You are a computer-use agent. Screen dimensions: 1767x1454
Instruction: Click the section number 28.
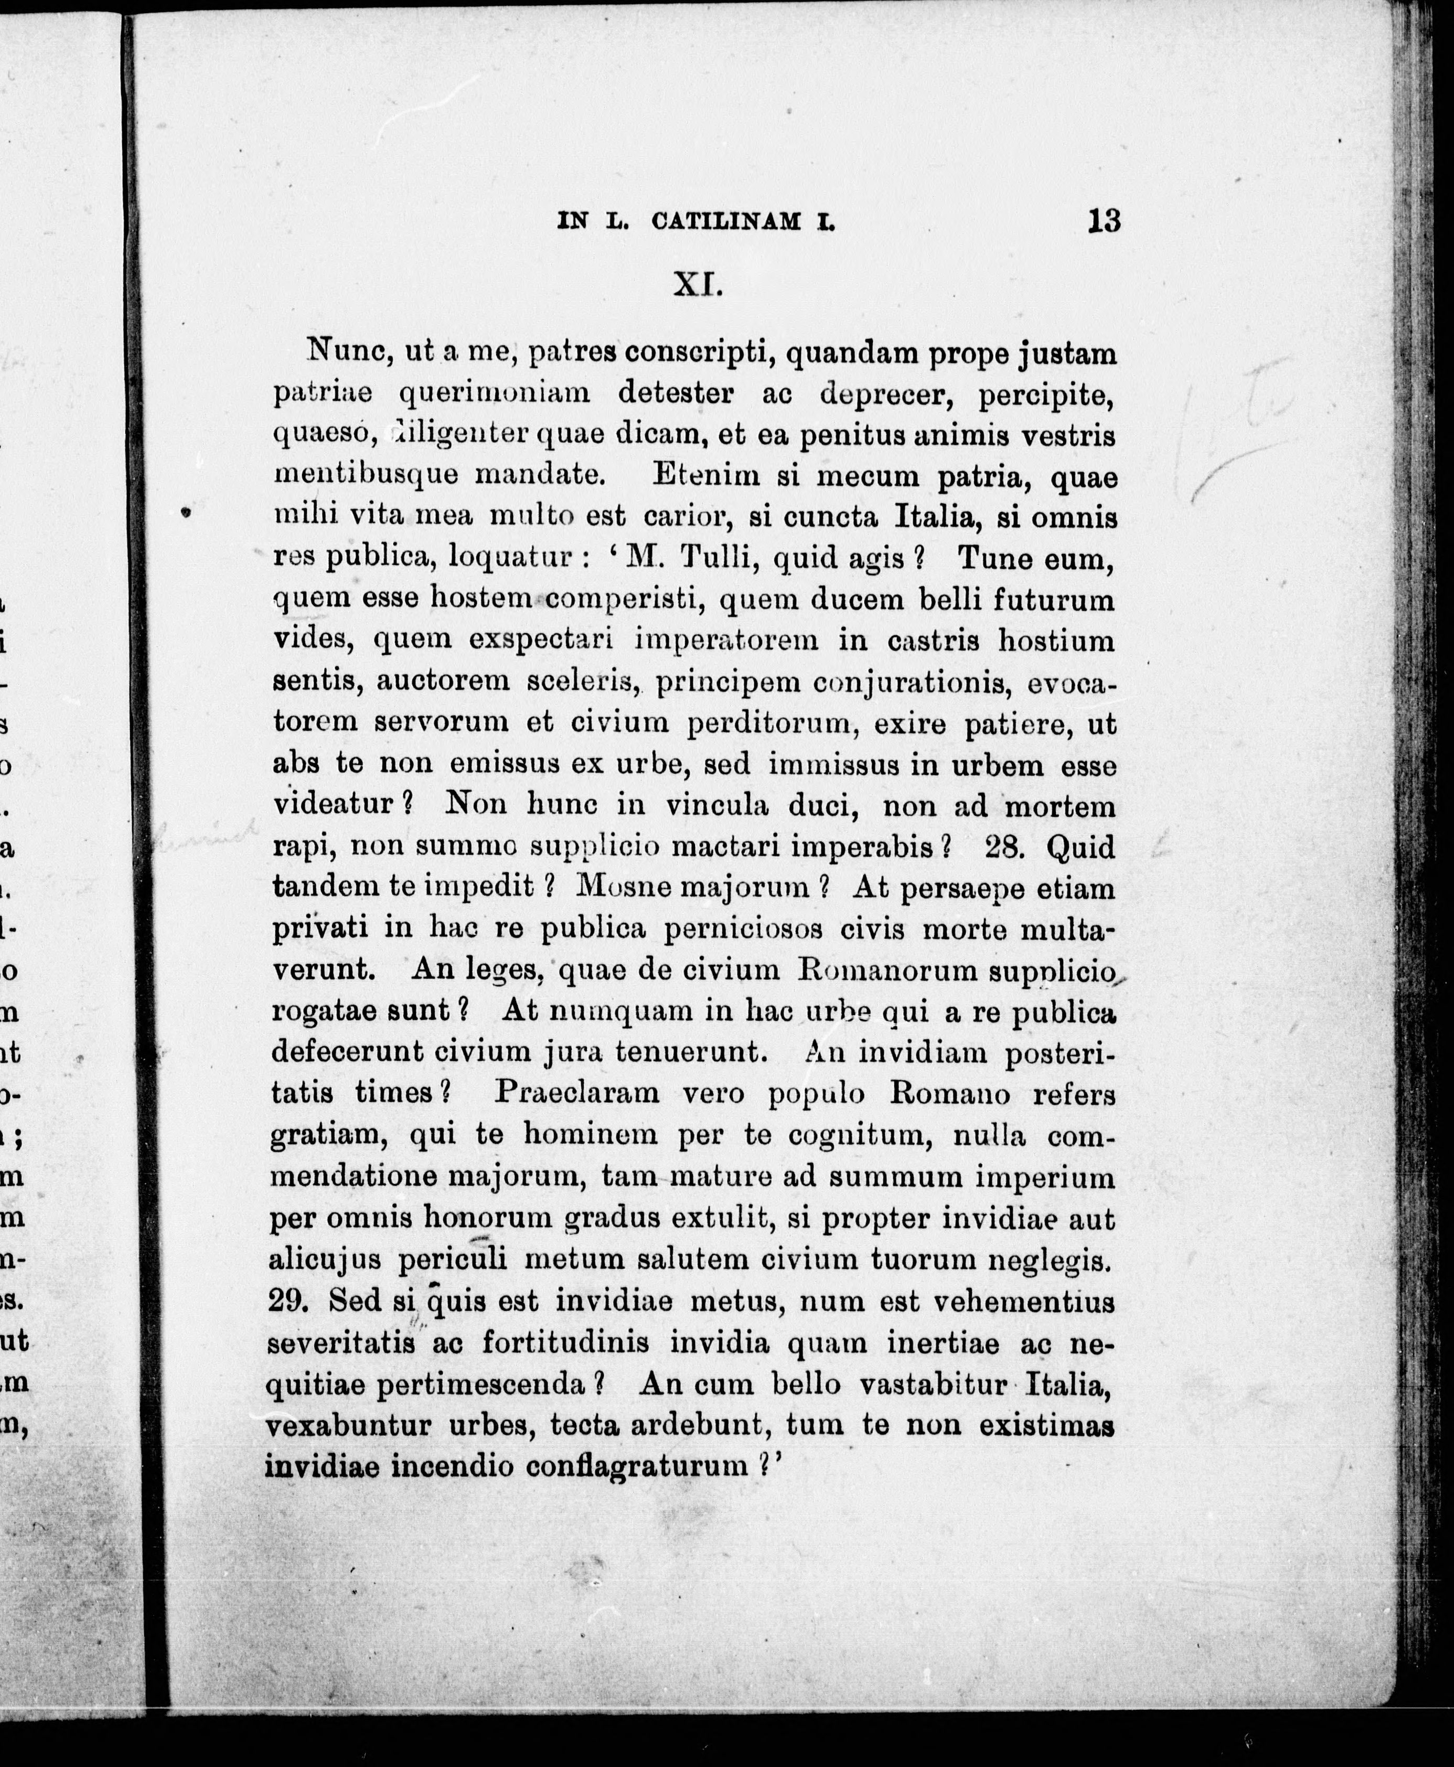click(1006, 847)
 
